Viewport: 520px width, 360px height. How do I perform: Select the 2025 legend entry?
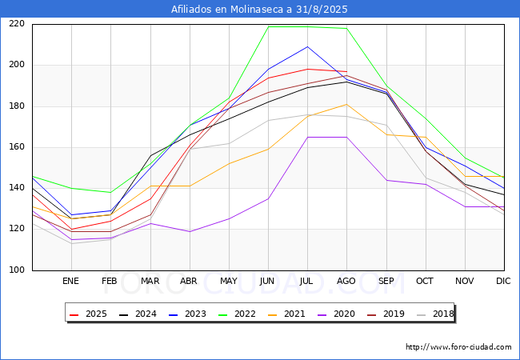[x=88, y=314]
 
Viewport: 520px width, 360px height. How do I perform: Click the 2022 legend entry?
[x=237, y=314]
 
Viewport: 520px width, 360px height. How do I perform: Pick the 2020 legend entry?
[x=336, y=314]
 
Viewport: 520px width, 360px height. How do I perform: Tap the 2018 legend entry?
[x=435, y=314]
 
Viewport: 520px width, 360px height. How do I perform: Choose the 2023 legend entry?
[x=187, y=314]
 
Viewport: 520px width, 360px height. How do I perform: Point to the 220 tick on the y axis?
[x=17, y=24]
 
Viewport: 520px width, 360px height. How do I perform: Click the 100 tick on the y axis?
[x=17, y=270]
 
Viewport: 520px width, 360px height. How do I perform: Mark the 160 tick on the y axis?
[x=17, y=147]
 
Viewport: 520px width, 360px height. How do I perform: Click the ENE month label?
[x=70, y=281]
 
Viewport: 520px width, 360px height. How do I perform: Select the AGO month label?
[x=346, y=281]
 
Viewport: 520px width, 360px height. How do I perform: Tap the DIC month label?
[x=503, y=281]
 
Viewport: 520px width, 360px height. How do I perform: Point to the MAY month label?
[x=229, y=281]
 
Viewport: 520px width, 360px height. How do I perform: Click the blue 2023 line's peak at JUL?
[x=307, y=46]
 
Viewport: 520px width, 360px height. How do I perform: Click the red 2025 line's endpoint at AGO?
[x=347, y=72]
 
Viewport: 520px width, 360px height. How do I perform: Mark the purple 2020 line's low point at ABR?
[x=190, y=231]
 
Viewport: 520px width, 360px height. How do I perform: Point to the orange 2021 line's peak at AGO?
[x=347, y=105]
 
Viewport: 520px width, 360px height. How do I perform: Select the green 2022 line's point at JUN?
[x=268, y=26]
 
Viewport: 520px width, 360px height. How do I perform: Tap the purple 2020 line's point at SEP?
[x=386, y=180]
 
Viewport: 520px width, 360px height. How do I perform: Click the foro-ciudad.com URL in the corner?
[x=458, y=347]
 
